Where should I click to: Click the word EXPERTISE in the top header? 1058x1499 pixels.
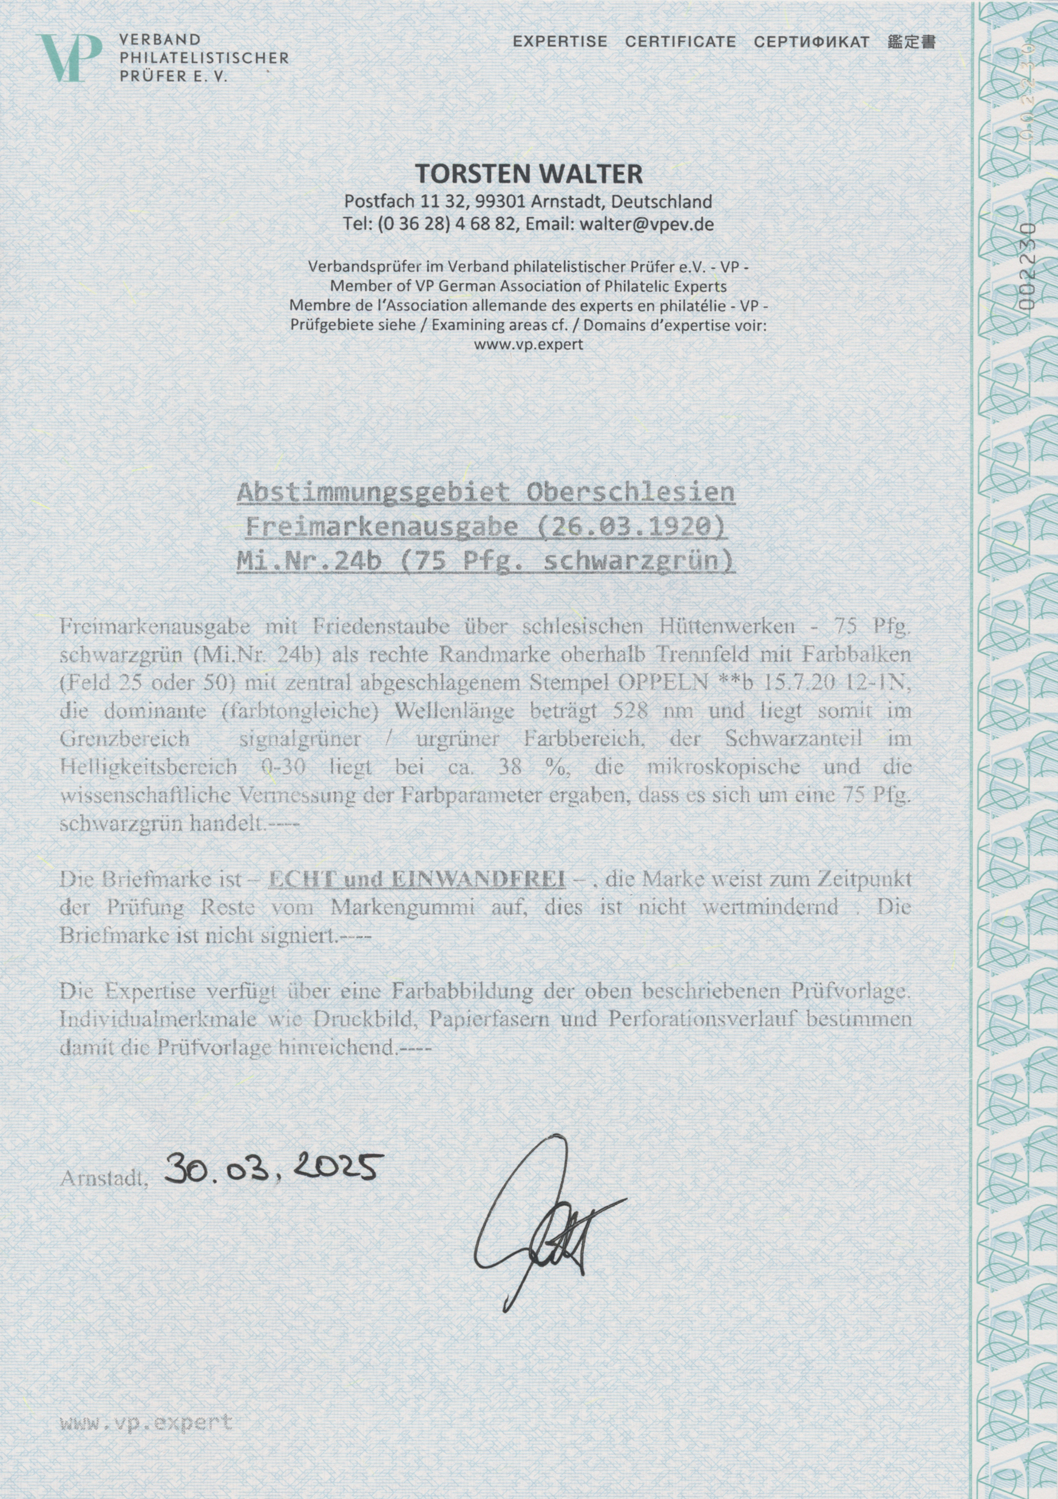click(559, 42)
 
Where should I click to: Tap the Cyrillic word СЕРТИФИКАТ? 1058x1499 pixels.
click(812, 42)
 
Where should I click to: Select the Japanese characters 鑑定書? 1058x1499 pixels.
click(912, 42)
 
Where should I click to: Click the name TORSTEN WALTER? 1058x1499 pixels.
click(529, 174)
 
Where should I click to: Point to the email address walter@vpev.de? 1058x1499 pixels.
click(642, 224)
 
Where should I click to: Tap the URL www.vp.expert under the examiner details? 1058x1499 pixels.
click(529, 344)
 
